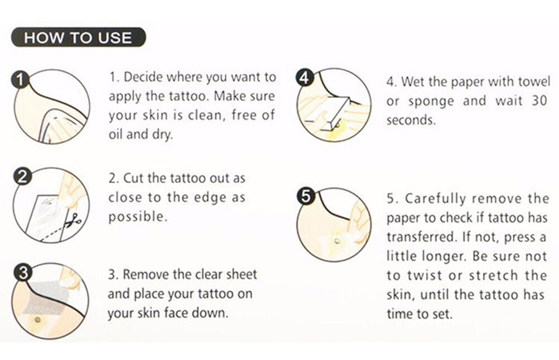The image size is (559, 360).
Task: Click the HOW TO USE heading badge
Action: click(79, 37)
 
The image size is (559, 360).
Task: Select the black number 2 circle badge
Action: click(22, 176)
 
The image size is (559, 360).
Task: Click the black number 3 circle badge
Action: click(22, 273)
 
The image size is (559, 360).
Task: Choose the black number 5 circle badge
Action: click(306, 196)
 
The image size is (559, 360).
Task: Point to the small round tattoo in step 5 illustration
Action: click(337, 242)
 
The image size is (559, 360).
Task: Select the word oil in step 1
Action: click(116, 134)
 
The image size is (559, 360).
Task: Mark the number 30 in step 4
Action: click(539, 100)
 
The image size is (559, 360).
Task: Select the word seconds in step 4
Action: click(411, 120)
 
